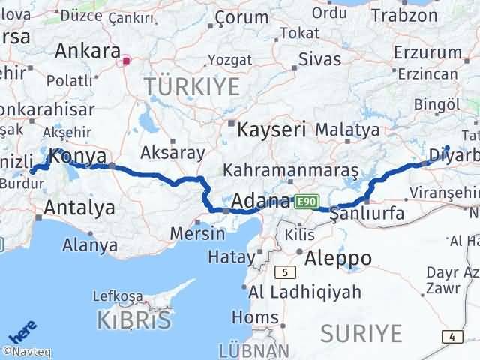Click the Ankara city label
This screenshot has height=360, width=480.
[87, 52]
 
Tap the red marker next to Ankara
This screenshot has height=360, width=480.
[127, 61]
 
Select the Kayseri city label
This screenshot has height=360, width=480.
[271, 129]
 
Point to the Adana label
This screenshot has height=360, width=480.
[261, 201]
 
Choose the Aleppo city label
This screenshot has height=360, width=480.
[339, 258]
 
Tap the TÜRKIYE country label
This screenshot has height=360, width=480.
[193, 86]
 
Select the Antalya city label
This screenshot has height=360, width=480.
[79, 208]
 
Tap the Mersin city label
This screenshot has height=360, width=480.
[198, 232]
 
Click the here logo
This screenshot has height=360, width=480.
[22, 332]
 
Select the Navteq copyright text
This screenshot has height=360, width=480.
[23, 351]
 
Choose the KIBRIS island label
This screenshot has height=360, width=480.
[133, 320]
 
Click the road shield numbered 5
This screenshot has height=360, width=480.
[285, 271]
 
